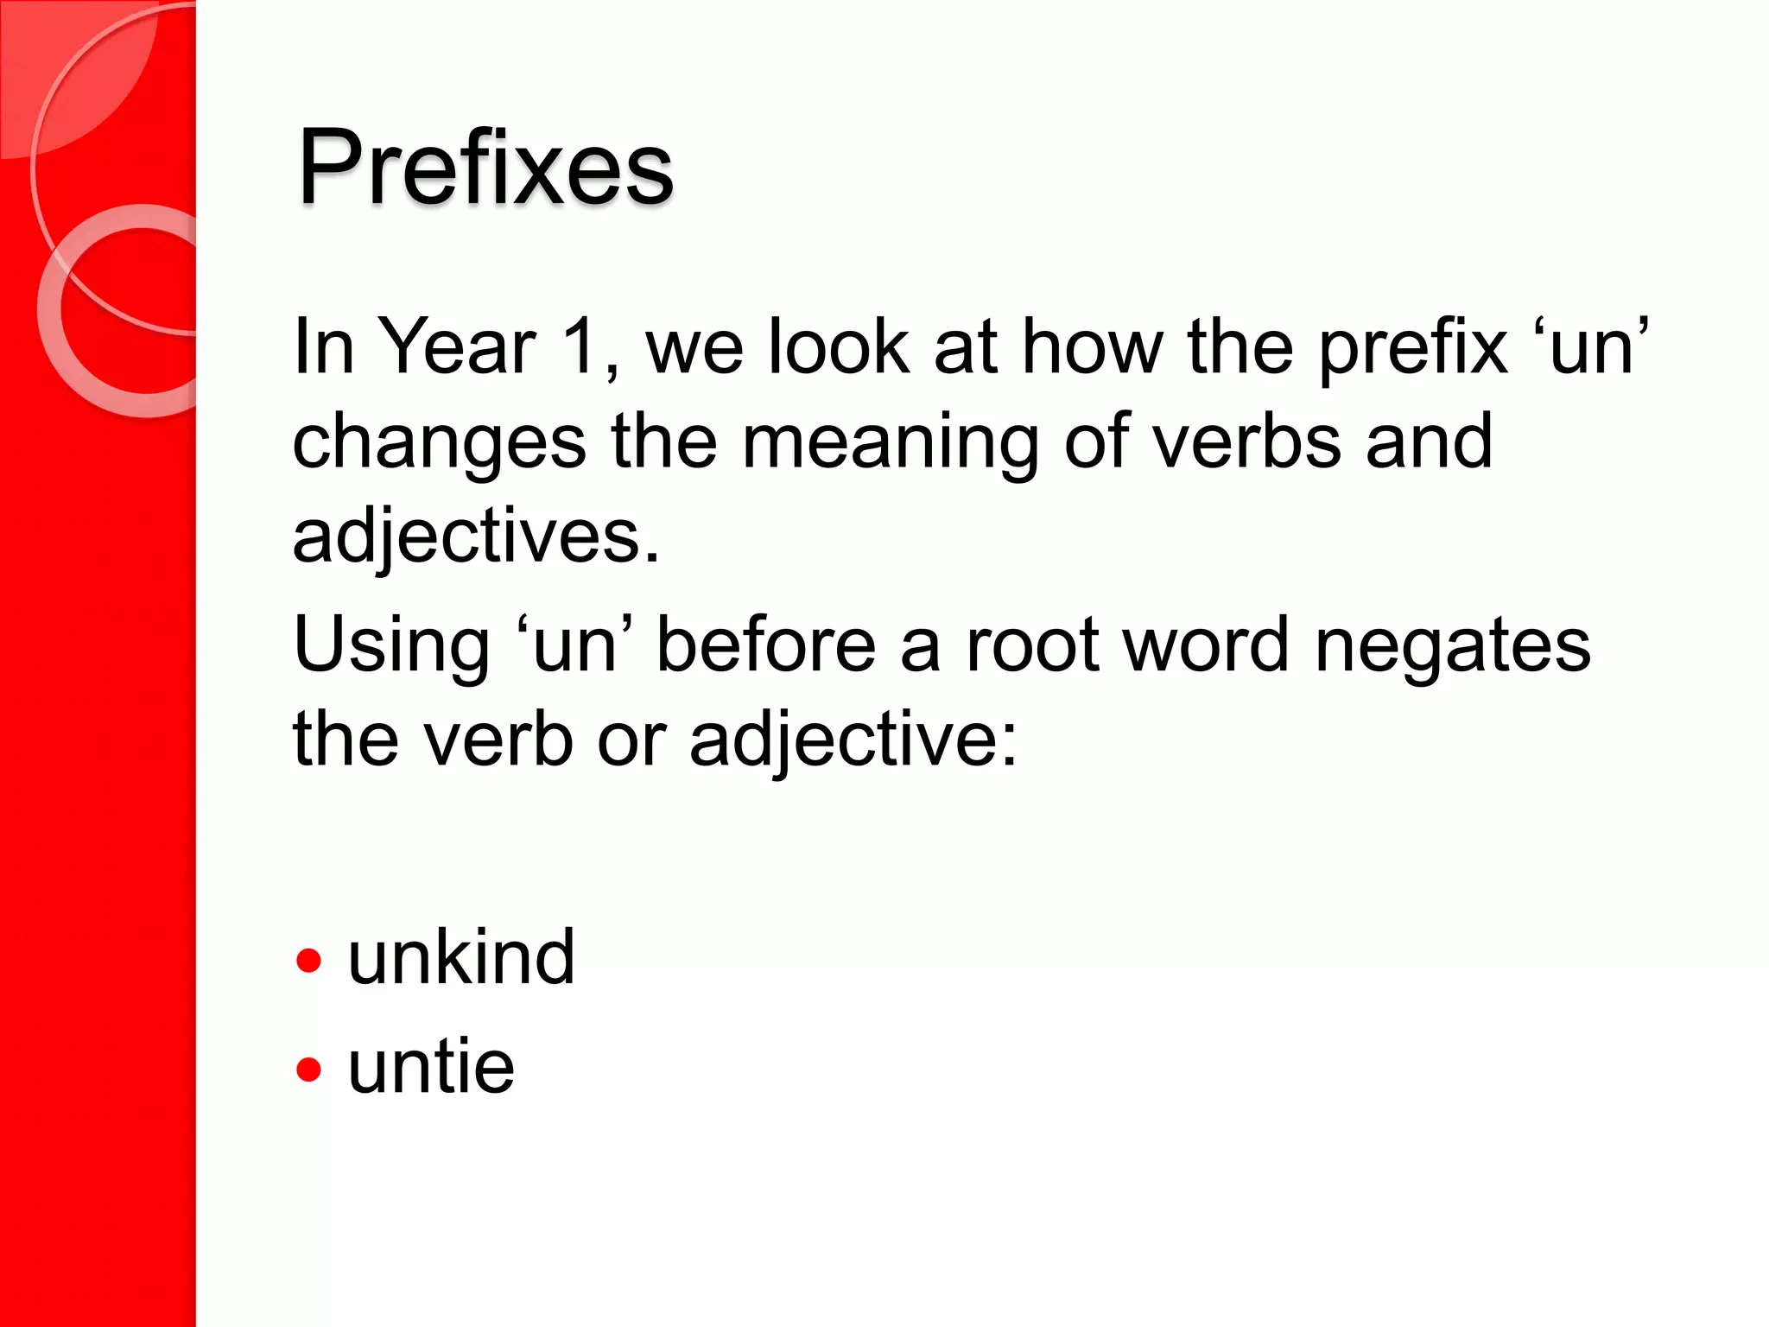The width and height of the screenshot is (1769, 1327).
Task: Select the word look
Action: tap(838, 347)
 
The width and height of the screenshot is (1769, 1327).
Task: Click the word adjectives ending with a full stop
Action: tap(476, 537)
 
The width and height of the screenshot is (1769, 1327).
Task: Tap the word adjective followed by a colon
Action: tap(853, 741)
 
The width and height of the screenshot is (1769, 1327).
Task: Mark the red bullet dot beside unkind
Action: tap(308, 961)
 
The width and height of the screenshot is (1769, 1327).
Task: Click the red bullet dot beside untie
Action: tap(308, 1070)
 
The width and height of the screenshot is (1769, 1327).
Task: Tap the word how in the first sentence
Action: tap(1093, 347)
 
